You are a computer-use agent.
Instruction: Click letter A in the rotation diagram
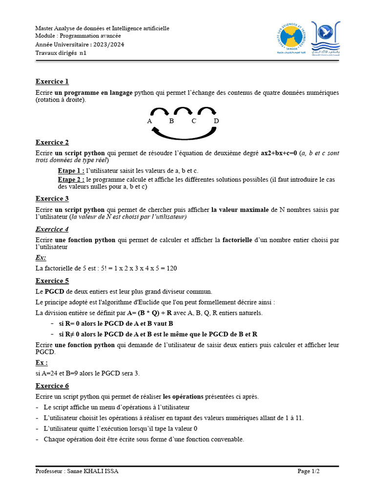pyautogui.click(x=149, y=121)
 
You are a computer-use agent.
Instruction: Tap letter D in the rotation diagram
pyautogui.click(x=216, y=121)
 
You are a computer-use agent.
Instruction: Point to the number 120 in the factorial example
pyautogui.click(x=171, y=269)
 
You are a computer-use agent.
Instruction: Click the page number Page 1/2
pyautogui.click(x=309, y=471)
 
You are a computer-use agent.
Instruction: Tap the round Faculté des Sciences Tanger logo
pyautogui.click(x=290, y=40)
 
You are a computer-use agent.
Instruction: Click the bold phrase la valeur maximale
pyautogui.click(x=240, y=209)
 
